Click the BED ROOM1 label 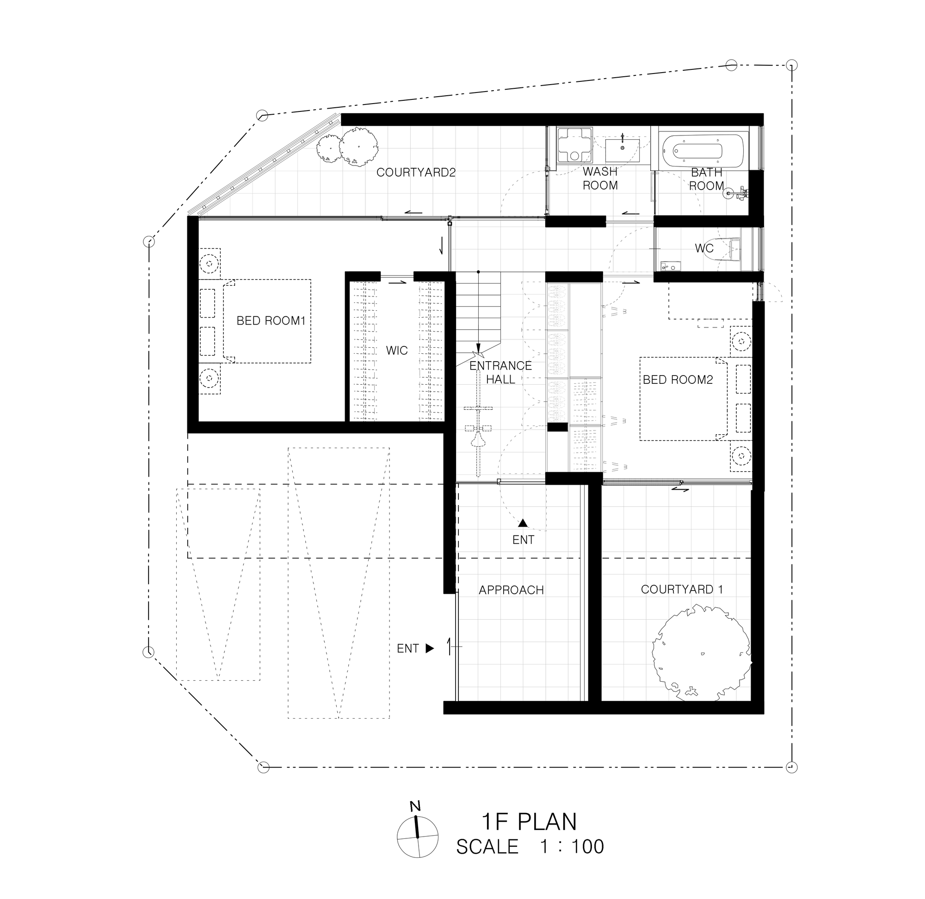pos(271,321)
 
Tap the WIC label pos(397,351)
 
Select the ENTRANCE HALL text pos(500,372)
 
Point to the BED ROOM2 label pos(678,380)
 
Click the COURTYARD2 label pos(416,172)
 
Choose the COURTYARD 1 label pos(682,589)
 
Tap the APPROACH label pos(512,590)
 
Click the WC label pos(704,248)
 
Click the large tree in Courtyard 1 pos(701,654)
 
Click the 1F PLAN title pos(529,822)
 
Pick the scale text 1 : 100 pos(572,847)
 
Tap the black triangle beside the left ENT pos(430,648)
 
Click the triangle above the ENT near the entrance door pos(523,523)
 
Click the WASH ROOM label pos(600,179)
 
